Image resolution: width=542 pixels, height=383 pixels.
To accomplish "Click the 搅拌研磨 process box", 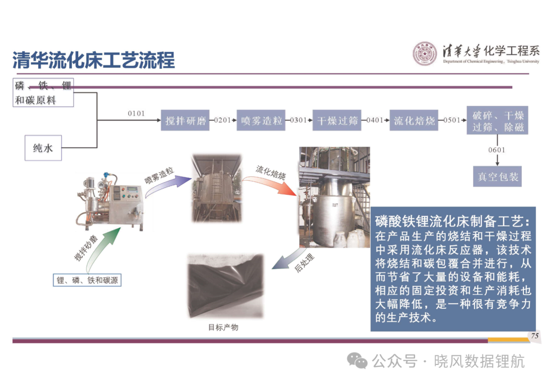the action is click(185, 120).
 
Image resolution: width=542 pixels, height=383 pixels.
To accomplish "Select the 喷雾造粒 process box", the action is click(261, 120).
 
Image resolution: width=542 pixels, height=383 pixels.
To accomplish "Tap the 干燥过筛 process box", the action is click(337, 120).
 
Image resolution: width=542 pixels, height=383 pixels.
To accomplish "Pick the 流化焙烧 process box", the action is click(414, 120).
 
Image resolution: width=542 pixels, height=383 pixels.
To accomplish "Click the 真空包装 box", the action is click(497, 177).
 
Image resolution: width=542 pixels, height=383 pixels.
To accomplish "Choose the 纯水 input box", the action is click(43, 148).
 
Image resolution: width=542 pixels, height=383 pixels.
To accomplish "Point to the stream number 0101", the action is click(136, 113).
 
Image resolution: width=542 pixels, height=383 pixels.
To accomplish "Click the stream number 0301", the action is click(298, 120).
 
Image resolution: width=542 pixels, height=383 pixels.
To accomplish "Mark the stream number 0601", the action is click(497, 150).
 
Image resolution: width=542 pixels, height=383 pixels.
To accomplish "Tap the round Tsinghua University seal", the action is click(425, 54).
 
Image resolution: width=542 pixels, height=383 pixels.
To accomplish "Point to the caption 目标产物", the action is click(223, 327).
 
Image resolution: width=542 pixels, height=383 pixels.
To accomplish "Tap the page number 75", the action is click(535, 336).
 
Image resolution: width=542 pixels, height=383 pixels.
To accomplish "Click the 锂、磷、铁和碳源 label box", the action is click(87, 280).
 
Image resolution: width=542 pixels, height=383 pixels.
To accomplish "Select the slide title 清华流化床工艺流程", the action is click(94, 60).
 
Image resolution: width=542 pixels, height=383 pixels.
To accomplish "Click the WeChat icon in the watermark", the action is click(357, 361).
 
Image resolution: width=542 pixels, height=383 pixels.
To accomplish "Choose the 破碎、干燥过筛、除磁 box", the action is click(497, 120).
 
